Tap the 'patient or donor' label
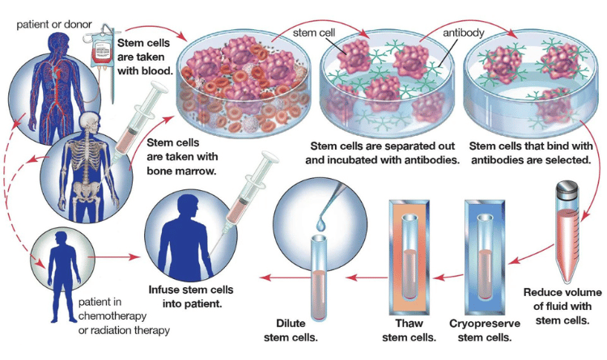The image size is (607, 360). point(54,25)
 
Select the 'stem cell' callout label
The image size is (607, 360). point(313,33)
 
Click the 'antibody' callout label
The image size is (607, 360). point(464,33)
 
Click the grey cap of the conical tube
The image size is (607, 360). point(567,189)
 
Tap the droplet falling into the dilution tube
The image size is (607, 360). point(321,223)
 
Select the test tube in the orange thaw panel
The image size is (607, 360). point(410,257)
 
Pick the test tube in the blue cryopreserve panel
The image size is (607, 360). point(485,257)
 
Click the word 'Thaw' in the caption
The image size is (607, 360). point(410,324)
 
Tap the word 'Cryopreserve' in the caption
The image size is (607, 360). point(485,324)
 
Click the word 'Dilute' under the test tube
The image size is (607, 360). point(291,324)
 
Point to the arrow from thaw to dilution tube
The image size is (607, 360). point(367,277)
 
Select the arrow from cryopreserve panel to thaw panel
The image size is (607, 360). point(448,277)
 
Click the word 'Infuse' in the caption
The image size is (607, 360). point(163,290)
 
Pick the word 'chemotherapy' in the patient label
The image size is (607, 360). point(112,316)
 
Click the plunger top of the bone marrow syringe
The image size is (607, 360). point(159,87)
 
